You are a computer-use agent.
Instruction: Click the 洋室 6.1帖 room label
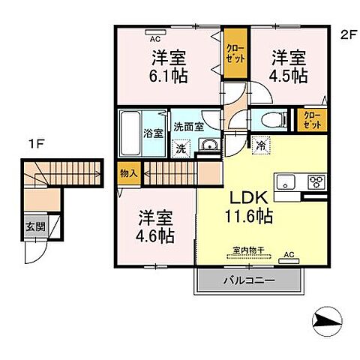click(x=167, y=66)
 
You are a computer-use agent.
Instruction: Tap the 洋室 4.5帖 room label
click(x=288, y=66)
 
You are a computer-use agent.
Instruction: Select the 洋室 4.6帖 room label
click(x=156, y=226)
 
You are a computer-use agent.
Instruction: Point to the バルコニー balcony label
click(x=249, y=280)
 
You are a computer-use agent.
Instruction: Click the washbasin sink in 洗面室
click(x=210, y=145)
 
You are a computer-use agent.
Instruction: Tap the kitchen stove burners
click(x=316, y=182)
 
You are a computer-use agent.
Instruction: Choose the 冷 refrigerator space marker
click(x=259, y=145)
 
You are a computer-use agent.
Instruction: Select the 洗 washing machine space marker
click(x=181, y=148)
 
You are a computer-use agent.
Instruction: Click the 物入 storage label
click(x=128, y=173)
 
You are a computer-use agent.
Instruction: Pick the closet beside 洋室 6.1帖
click(x=234, y=52)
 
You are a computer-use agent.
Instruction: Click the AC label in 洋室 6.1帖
click(x=155, y=37)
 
